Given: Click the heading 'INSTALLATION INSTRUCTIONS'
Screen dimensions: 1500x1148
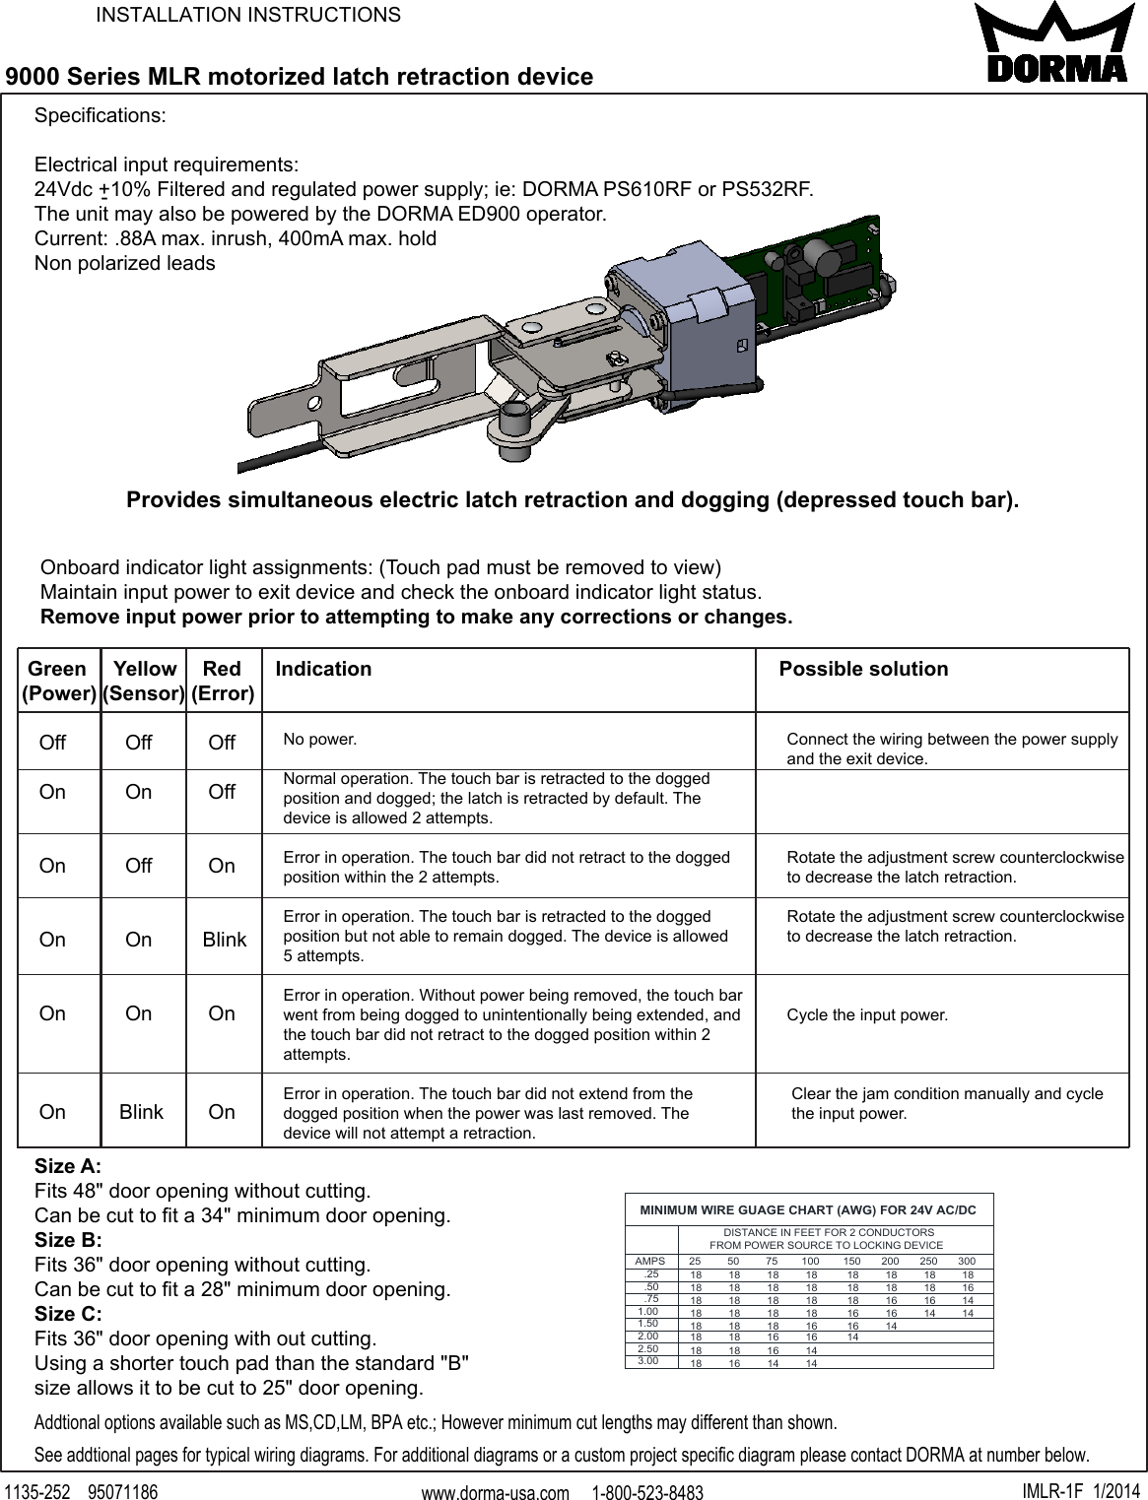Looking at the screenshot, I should [x=247, y=15].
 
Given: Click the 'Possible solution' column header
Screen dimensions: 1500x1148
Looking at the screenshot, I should [x=863, y=669].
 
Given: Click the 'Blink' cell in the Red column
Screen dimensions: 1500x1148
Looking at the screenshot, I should [x=225, y=940].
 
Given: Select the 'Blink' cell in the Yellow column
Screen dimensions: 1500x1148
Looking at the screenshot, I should [x=141, y=1112].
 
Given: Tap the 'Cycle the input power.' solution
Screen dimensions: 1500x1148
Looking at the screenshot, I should [x=867, y=1014].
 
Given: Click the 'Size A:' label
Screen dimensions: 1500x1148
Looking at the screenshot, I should [x=68, y=1166].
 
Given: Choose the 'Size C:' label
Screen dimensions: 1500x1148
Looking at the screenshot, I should [x=68, y=1314].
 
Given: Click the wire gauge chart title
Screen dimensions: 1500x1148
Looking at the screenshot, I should [x=808, y=1209].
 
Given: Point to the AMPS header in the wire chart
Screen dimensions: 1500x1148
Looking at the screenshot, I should [x=649, y=1261].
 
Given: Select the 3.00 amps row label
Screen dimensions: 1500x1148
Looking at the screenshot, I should [x=648, y=1360].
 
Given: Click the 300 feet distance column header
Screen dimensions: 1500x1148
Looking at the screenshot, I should [x=967, y=1261].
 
